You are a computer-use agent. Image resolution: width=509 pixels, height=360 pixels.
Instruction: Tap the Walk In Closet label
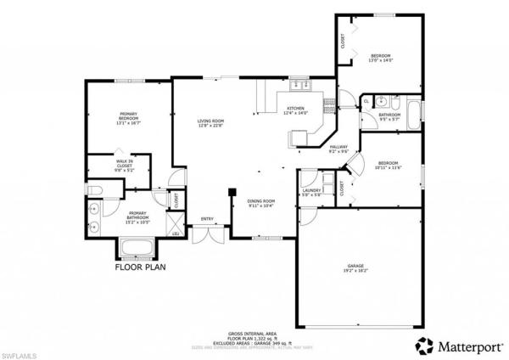pyautogui.click(x=125, y=167)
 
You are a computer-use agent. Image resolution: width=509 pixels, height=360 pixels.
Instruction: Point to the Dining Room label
pyautogui.click(x=261, y=202)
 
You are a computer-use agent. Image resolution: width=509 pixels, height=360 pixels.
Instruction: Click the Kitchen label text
pyautogui.click(x=295, y=110)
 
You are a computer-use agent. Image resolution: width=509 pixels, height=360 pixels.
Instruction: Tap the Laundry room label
pyautogui.click(x=311, y=192)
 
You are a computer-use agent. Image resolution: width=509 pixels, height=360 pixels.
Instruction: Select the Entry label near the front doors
pyautogui.click(x=207, y=219)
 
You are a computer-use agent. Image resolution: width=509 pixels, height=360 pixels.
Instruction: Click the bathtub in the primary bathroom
pyautogui.click(x=135, y=248)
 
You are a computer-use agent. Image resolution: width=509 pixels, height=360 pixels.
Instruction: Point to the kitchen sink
pyautogui.click(x=299, y=85)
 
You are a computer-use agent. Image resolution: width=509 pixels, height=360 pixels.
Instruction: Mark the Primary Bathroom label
pyautogui.click(x=138, y=218)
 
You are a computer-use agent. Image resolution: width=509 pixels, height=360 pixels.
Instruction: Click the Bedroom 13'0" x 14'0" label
pyautogui.click(x=381, y=58)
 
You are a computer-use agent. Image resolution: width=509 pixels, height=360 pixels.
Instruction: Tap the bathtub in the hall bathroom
pyautogui.click(x=413, y=114)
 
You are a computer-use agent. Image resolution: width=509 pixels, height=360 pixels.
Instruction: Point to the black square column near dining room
pyautogui.click(x=231, y=192)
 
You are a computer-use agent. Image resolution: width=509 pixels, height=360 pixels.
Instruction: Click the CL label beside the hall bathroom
pyautogui.click(x=366, y=101)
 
